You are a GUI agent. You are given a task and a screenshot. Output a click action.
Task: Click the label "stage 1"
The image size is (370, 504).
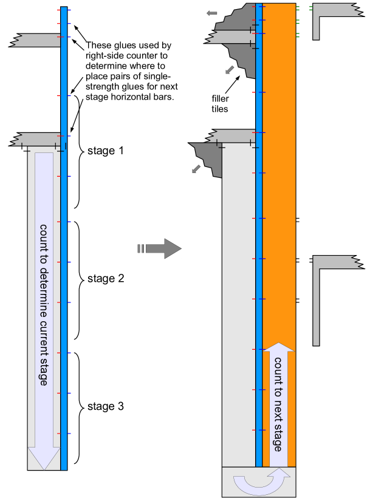click(x=105, y=151)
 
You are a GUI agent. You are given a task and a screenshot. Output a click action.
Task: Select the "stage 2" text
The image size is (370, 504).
click(x=106, y=279)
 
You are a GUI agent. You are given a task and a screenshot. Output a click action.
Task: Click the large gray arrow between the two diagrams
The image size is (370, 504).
click(x=160, y=248)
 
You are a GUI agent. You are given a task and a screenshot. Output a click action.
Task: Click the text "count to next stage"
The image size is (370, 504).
click(x=279, y=404)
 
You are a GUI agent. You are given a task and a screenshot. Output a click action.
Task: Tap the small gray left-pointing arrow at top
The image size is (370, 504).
click(x=211, y=13)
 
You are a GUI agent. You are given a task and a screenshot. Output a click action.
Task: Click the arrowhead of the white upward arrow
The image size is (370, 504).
click(x=279, y=347)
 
